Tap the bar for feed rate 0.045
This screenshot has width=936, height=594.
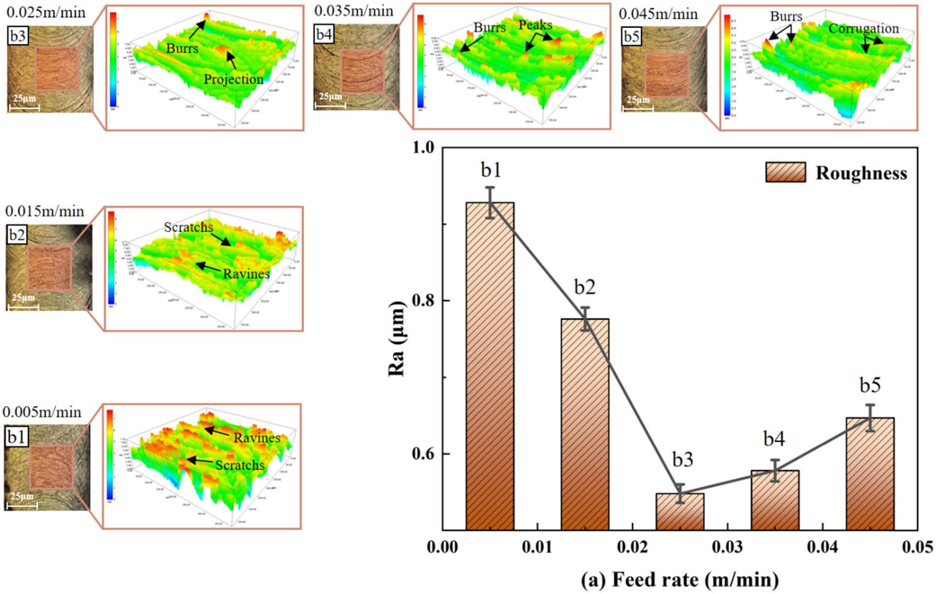(x=870, y=473)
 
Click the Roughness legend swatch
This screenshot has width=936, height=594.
(x=785, y=172)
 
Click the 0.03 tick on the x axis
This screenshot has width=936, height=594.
(x=728, y=547)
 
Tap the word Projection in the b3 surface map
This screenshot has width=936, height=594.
(x=234, y=79)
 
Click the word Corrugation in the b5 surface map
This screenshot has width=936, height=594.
(x=863, y=29)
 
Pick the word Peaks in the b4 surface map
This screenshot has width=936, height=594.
(x=535, y=25)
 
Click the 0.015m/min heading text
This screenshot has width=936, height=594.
(x=45, y=211)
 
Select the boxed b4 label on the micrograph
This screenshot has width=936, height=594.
(x=324, y=35)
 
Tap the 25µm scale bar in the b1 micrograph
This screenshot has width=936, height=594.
(x=22, y=504)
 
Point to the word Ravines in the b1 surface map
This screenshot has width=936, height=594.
(x=257, y=437)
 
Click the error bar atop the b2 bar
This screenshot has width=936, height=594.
(x=585, y=319)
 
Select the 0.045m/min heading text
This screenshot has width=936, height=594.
(x=658, y=13)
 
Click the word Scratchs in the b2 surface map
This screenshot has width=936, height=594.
(x=188, y=227)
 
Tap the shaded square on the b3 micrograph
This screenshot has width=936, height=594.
(x=57, y=68)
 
